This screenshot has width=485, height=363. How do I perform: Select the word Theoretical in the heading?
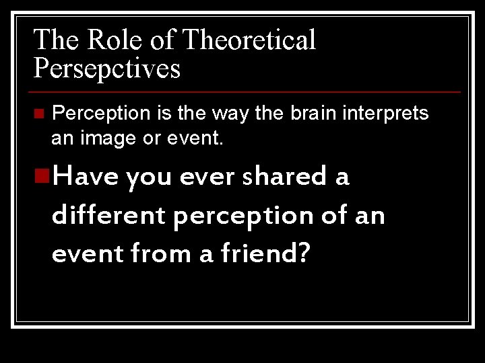coord(249,40)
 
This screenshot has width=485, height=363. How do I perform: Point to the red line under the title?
coord(247,91)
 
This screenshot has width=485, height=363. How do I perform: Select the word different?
coord(108,216)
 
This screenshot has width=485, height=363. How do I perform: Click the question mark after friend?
coord(303,254)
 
